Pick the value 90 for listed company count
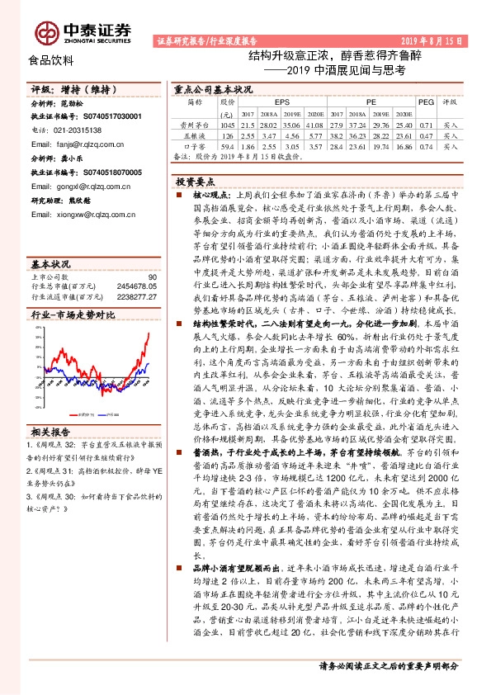pyautogui.click(x=152, y=277)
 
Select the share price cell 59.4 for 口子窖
pyautogui.click(x=228, y=145)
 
